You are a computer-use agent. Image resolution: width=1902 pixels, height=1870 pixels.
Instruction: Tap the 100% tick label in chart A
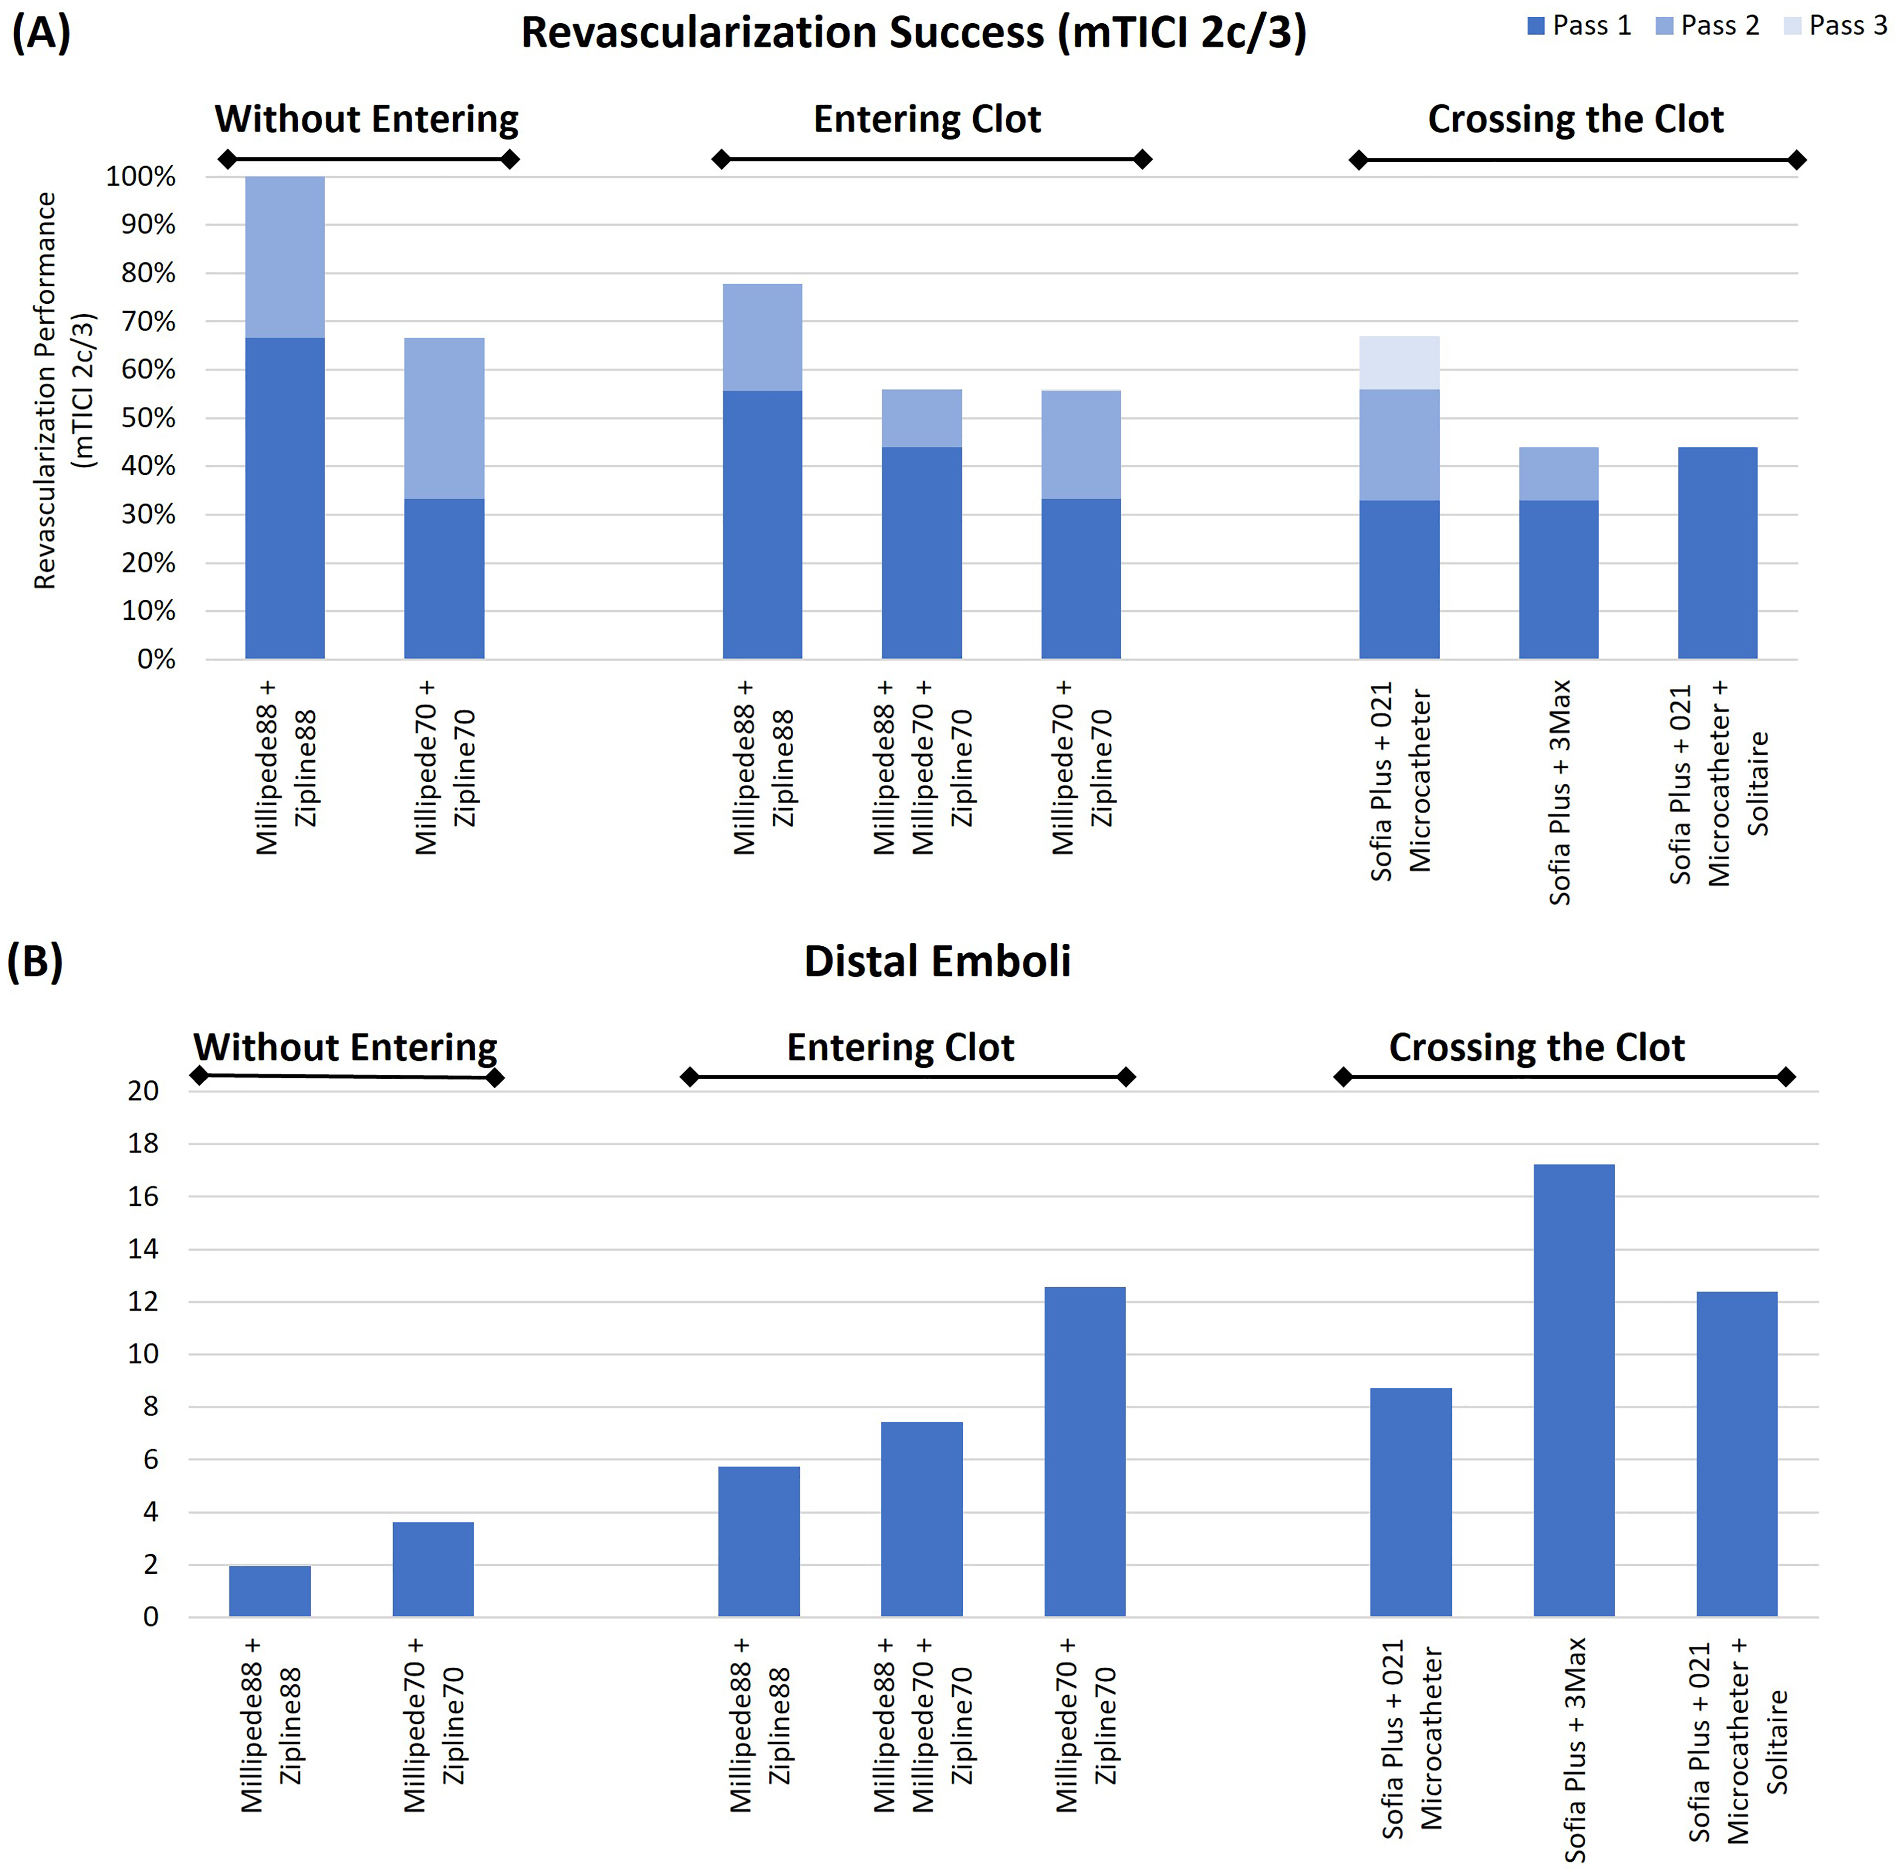click(x=140, y=177)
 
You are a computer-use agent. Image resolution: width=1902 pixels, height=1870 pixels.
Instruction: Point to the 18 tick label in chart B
click(x=143, y=1143)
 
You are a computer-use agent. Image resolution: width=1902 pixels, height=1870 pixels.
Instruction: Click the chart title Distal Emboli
click(x=937, y=961)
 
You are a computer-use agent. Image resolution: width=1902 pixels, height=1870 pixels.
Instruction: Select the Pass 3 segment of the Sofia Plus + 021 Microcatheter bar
click(x=1399, y=364)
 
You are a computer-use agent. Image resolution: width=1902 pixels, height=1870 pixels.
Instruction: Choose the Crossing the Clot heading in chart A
click(x=1576, y=119)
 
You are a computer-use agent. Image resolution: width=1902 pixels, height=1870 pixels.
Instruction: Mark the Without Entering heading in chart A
click(x=366, y=119)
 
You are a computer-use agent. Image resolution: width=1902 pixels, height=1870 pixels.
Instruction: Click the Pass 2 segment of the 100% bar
click(x=285, y=257)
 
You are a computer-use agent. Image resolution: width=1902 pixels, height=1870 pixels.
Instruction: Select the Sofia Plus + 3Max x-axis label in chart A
click(x=1560, y=792)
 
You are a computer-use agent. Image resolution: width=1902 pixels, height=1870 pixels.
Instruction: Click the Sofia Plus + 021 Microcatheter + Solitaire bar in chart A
click(x=1717, y=553)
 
